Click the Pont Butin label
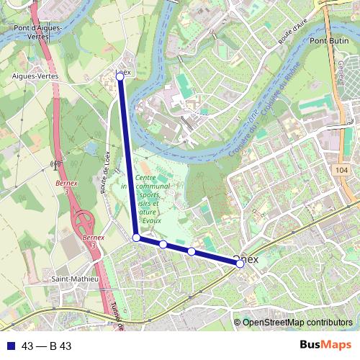(x=330, y=42)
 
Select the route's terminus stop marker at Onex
(x=240, y=264)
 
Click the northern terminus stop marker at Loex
(x=120, y=76)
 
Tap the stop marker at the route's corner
(x=136, y=237)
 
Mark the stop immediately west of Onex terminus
(x=192, y=251)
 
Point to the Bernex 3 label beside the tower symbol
(x=66, y=189)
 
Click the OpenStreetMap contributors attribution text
(x=297, y=323)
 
